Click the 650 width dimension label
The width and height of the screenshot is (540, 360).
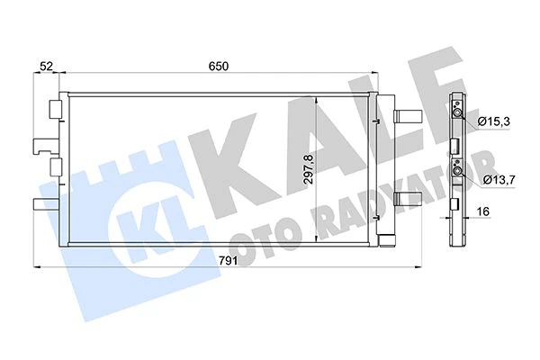219,67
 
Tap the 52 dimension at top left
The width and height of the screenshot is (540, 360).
46,67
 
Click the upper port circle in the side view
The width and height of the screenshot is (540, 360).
457,112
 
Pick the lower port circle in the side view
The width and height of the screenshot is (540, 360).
457,171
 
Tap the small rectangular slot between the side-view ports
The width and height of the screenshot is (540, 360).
456,145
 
